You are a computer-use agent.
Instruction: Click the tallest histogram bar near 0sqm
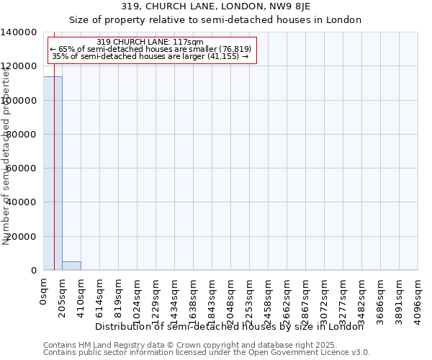pyautogui.click(x=53, y=173)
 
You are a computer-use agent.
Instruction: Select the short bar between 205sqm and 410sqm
pyautogui.click(x=71, y=266)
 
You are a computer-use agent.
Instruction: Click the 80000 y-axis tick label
pyautogui.click(x=22, y=135)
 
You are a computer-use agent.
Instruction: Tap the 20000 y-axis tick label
pyautogui.click(x=22, y=237)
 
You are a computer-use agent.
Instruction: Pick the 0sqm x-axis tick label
pyautogui.click(x=44, y=293)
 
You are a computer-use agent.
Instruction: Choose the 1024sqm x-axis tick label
pyautogui.click(x=138, y=300)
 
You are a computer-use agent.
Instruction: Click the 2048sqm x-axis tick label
pyautogui.click(x=231, y=300)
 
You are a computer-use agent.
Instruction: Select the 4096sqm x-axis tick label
pyautogui.click(x=418, y=300)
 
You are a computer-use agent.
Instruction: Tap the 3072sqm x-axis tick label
pyautogui.click(x=325, y=300)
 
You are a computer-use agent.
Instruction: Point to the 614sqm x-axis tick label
pyautogui.click(x=100, y=297)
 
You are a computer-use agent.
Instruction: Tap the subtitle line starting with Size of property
pyautogui.click(x=216, y=19)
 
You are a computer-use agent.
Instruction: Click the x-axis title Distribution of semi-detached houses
pyautogui.click(x=230, y=326)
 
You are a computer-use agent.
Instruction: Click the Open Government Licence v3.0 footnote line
pyautogui.click(x=207, y=353)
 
